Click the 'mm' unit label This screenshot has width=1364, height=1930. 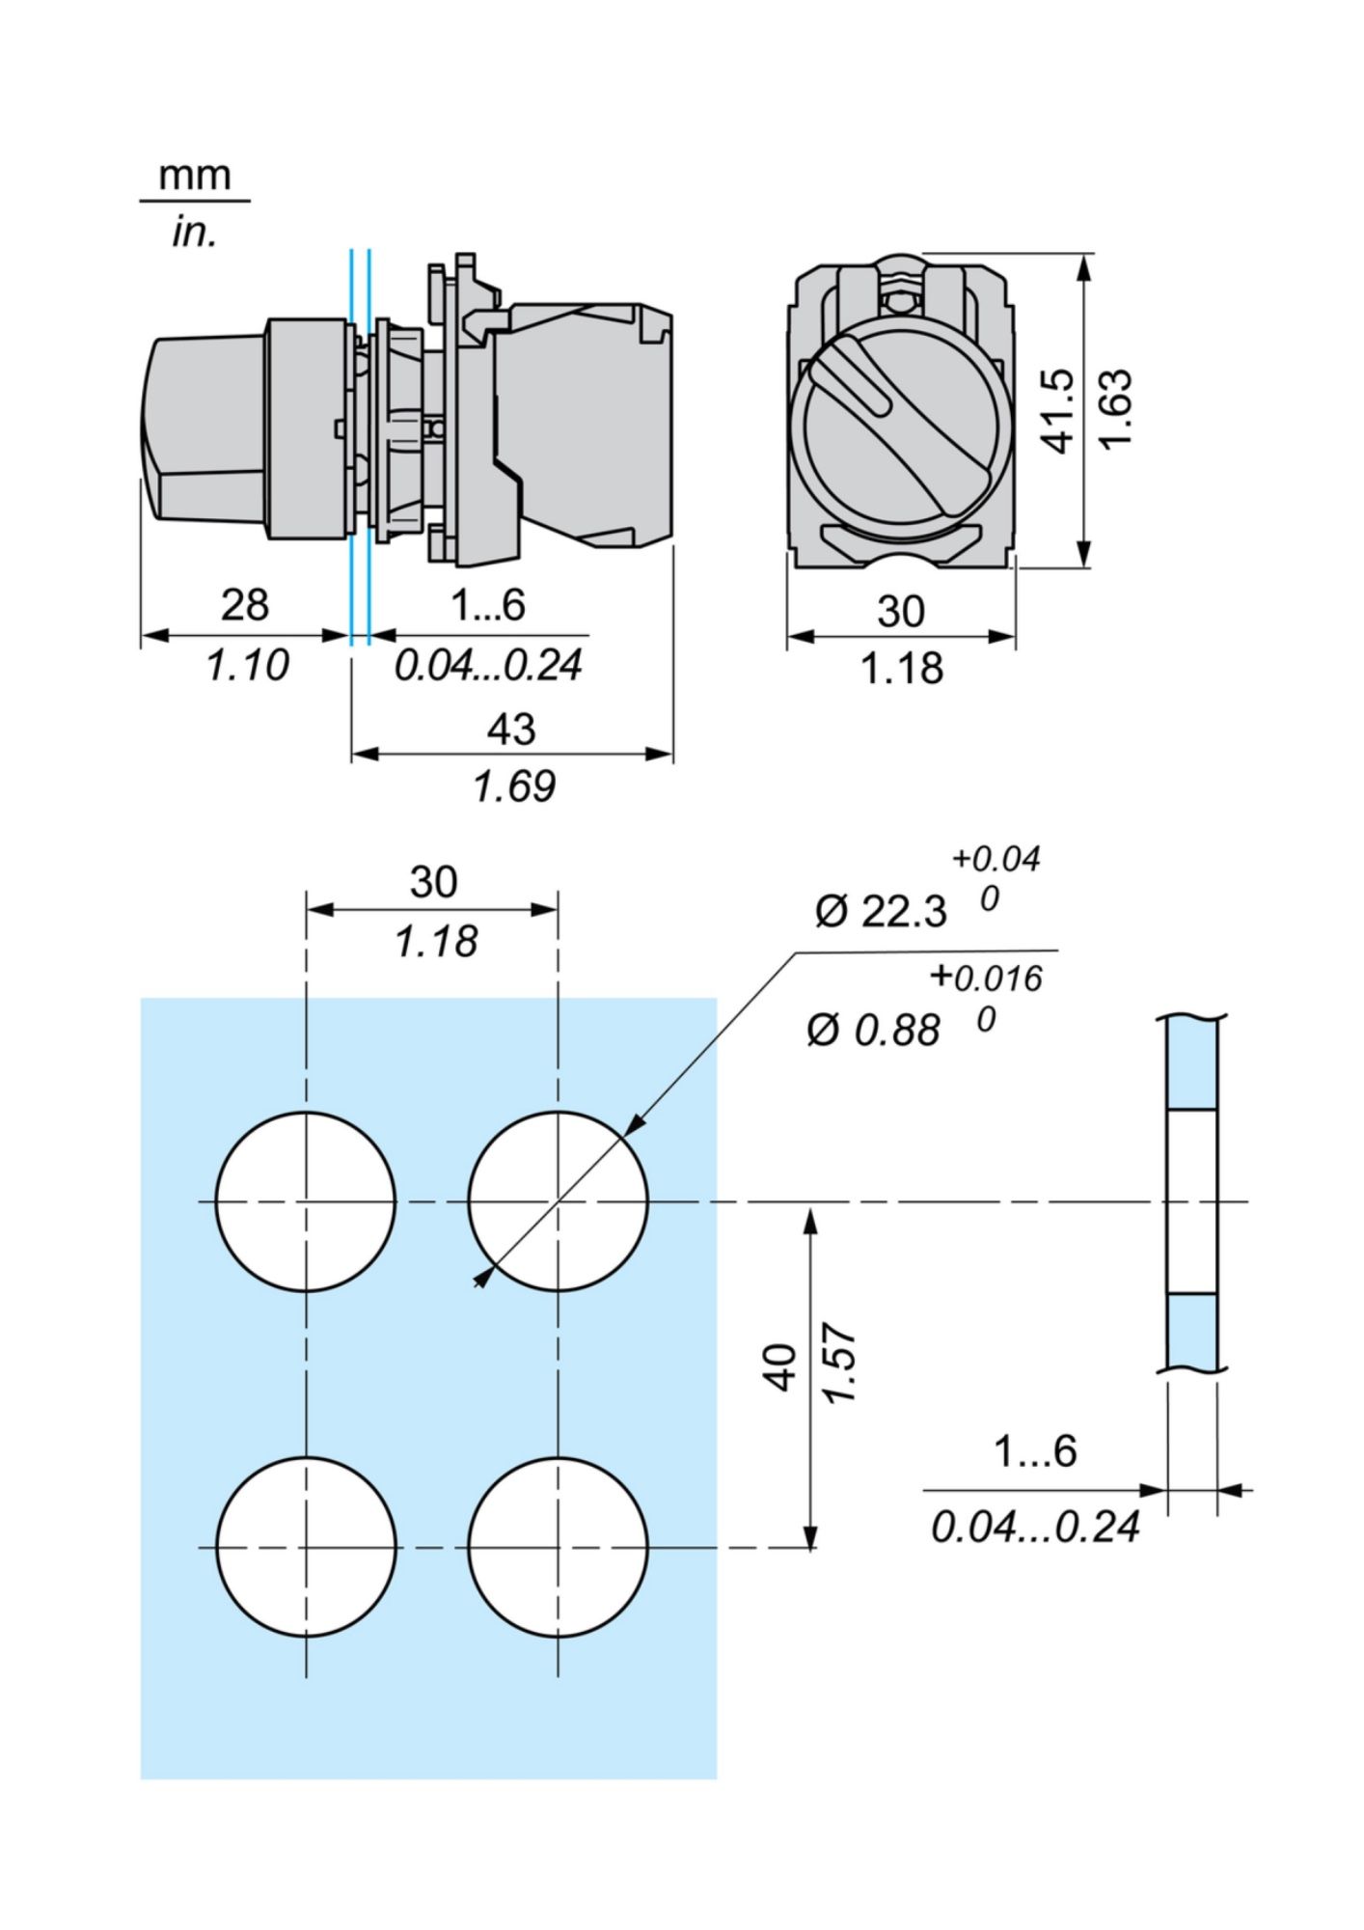pos(195,176)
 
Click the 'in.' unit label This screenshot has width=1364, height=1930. pos(194,233)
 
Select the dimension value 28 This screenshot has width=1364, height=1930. pos(245,605)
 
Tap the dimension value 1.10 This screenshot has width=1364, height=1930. pos(248,666)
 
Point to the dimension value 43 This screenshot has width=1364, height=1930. pos(511,729)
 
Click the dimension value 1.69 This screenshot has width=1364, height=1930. pos(514,786)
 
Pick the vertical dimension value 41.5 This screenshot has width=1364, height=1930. pos(1060,409)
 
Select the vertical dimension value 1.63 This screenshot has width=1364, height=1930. pos(1117,409)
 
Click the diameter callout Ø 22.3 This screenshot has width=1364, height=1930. pos(881,911)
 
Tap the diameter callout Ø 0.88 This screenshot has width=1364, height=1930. pos(873,1031)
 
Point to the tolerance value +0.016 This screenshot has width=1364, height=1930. pos(987,979)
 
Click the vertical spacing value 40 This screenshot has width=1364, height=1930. pos(782,1366)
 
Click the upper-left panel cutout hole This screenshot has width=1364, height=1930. pos(306,1201)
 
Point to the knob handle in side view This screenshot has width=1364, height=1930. pos(203,429)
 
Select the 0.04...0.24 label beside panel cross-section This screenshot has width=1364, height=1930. pos(1035,1527)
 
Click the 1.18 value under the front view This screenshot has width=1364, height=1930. pos(901,669)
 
